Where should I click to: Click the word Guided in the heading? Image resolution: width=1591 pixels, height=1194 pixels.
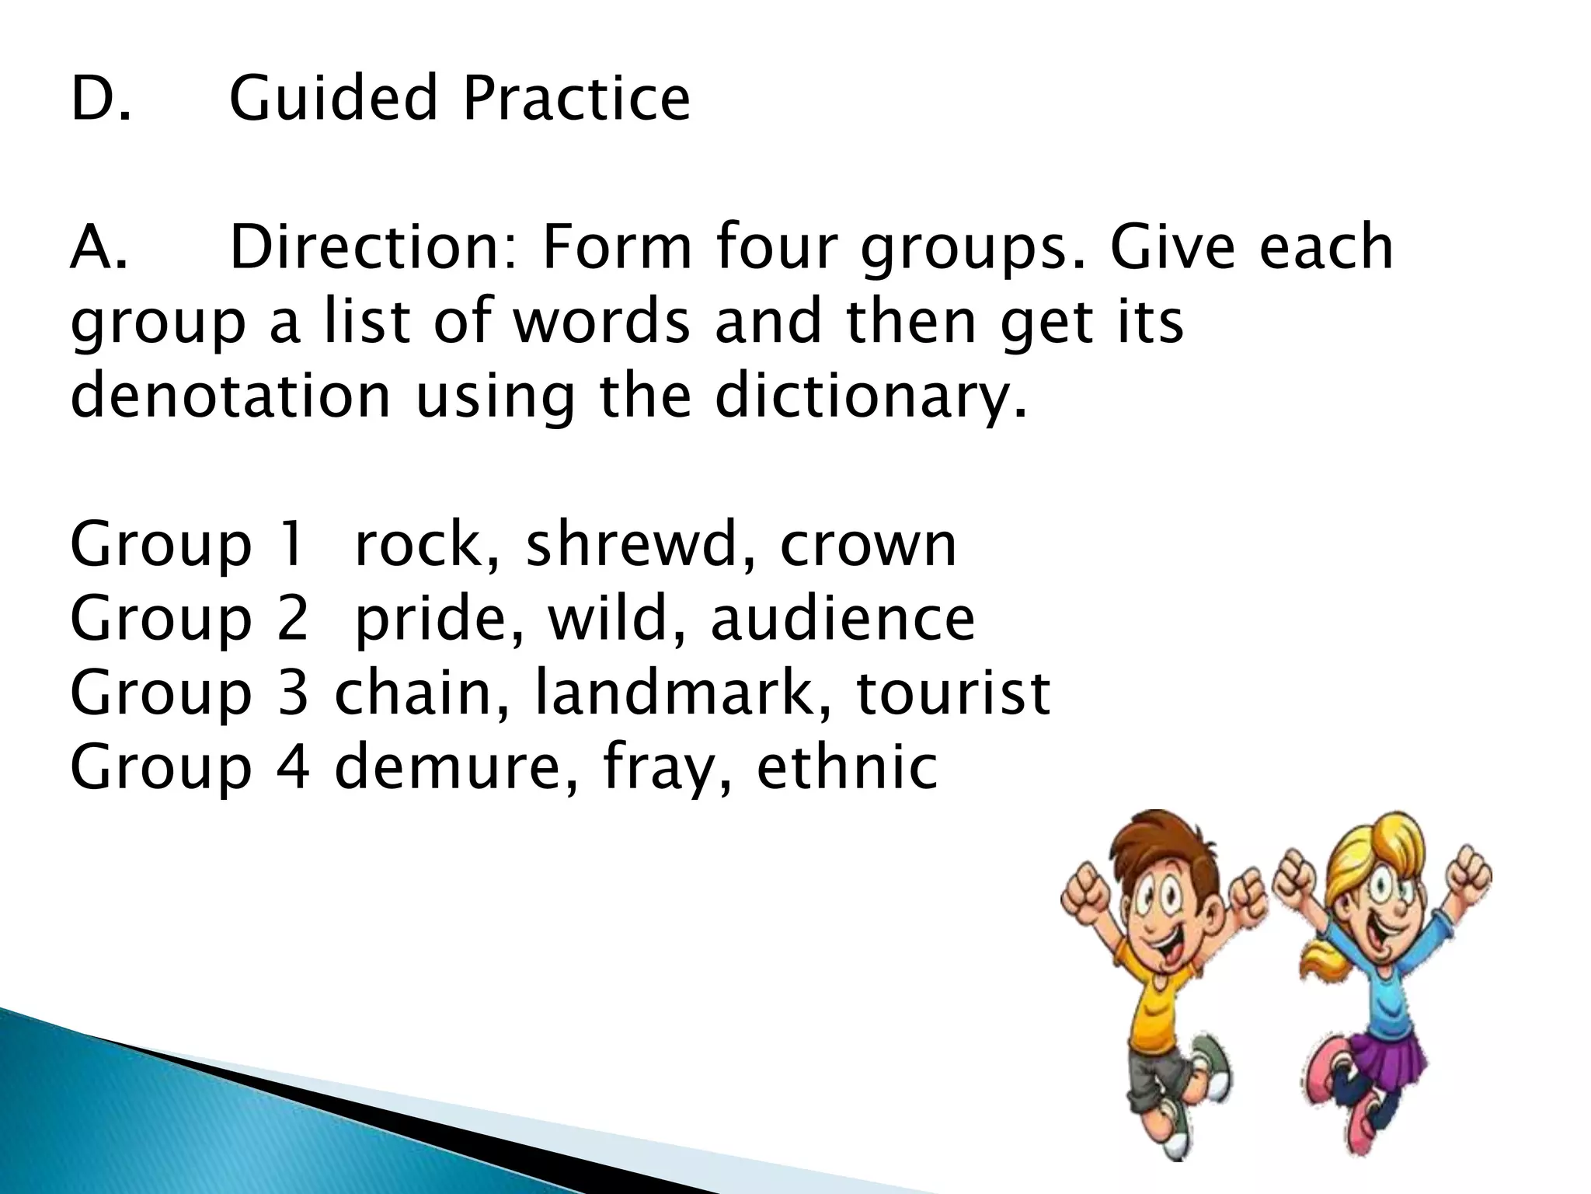[334, 99]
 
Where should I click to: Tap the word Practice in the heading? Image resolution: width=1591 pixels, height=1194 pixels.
[576, 99]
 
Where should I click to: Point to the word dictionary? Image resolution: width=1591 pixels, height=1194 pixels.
[870, 396]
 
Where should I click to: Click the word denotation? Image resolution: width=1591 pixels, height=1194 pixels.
[230, 396]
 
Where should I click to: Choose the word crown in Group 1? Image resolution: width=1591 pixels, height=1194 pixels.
[868, 546]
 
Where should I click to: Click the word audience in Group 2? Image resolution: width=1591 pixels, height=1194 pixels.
[842, 619]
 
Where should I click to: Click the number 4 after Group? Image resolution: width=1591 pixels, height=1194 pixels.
[293, 767]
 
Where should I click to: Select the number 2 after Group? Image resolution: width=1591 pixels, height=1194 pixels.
[293, 619]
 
